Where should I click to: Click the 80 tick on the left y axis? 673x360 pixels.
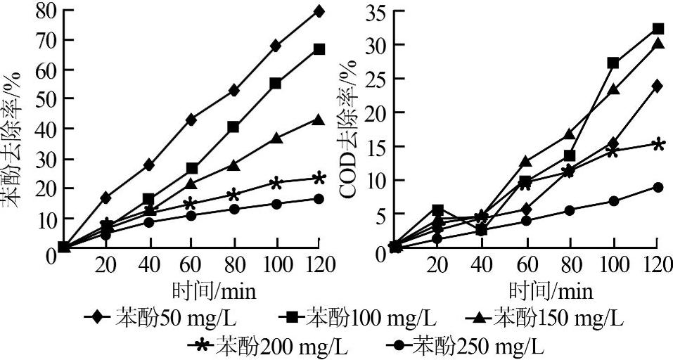(x=46, y=12)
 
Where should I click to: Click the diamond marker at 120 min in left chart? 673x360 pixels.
(x=319, y=11)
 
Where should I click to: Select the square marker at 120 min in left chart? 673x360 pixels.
(x=319, y=49)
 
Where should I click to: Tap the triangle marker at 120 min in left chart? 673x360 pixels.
(x=319, y=120)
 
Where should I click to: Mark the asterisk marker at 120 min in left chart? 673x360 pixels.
(x=319, y=179)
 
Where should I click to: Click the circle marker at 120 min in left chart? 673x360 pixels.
(x=319, y=199)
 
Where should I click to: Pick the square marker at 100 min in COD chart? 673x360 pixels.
(x=613, y=63)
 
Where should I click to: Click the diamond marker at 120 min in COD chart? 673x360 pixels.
(x=658, y=86)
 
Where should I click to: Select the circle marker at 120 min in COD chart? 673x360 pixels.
(x=658, y=187)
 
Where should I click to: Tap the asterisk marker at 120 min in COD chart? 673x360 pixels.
(x=658, y=145)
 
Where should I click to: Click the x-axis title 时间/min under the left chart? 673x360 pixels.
(x=214, y=290)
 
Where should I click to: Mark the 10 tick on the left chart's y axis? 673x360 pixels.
(x=46, y=219)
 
